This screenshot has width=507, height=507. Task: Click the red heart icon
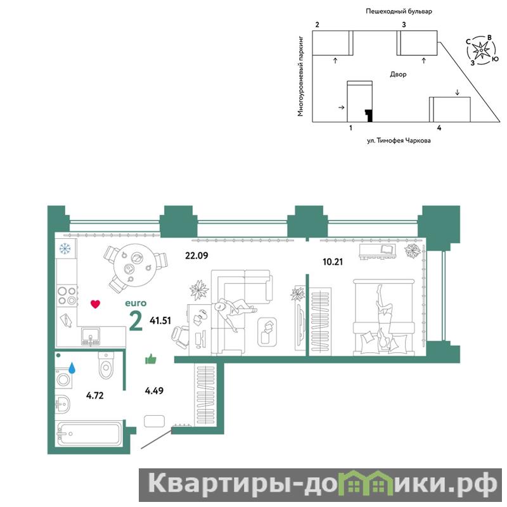coord(96,304)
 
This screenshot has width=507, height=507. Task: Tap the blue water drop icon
coord(72,368)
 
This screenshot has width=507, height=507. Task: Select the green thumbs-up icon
coord(151,359)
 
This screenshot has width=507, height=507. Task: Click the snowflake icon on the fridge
coord(65,248)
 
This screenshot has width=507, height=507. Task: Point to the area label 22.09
coord(196,255)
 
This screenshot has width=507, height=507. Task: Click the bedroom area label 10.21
coord(333,262)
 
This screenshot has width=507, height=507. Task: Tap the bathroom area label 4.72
coord(94,395)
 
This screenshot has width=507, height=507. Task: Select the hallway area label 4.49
coord(154,390)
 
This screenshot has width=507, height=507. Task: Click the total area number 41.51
coord(160,321)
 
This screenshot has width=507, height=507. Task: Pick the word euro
coord(136,304)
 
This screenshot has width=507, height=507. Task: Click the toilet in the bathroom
coord(106,366)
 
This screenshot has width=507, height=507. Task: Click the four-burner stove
coord(67,296)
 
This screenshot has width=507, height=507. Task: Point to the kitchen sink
coord(91,337)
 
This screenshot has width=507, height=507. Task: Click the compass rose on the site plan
coord(482,50)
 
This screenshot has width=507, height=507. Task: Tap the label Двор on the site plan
coord(398,74)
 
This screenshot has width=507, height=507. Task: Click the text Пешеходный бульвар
coord(399,11)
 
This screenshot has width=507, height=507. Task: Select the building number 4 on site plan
coord(439,128)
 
